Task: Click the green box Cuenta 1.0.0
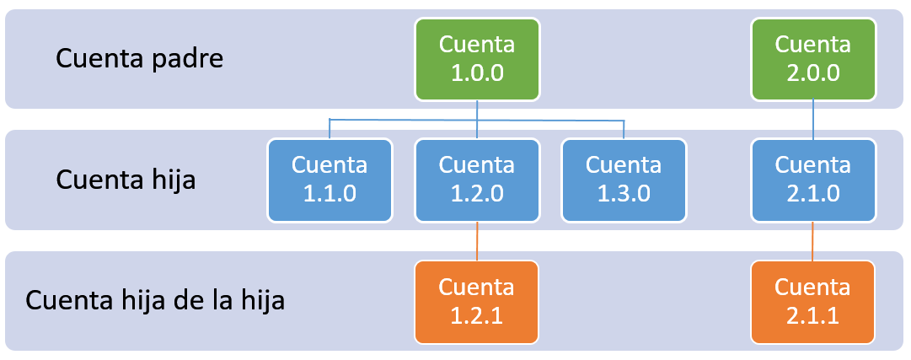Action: tap(477, 58)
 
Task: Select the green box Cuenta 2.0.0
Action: tap(812, 58)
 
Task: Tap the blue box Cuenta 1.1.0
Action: tap(330, 179)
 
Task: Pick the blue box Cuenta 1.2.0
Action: tap(477, 179)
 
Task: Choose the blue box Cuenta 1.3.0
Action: tap(624, 179)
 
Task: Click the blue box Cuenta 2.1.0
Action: tap(812, 179)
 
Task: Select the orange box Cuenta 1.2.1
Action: tap(477, 301)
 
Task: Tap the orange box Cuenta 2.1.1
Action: tap(812, 301)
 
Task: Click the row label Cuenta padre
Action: tap(139, 59)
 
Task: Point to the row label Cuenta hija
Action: tap(126, 180)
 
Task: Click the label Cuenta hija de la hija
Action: tap(155, 301)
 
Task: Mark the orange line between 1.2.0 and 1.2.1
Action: tap(477, 241)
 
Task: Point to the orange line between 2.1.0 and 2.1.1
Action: tap(812, 241)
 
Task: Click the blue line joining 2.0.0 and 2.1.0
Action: tap(812, 119)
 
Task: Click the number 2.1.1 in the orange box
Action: tap(812, 314)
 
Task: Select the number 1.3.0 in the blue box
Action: tap(624, 193)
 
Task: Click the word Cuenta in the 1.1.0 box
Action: tap(330, 164)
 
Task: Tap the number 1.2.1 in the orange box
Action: tap(477, 314)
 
